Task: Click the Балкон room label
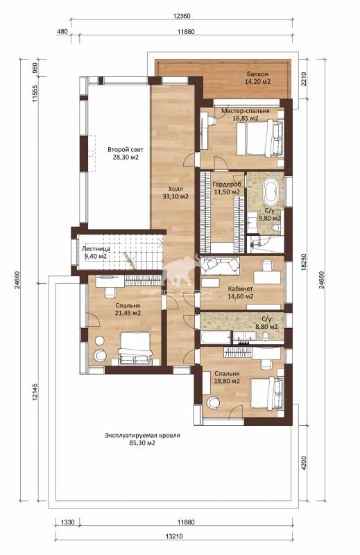coord(257,74)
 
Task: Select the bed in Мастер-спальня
coord(260,137)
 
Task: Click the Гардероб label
coord(227,185)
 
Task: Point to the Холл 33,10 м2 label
coord(175,193)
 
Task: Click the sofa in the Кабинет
coord(220,266)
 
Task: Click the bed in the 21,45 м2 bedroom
coord(135,348)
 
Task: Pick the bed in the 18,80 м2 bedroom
coord(267,393)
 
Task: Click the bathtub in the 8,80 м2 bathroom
coord(215,337)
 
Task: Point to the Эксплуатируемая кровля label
coord(142,436)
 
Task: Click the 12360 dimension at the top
coord(182,16)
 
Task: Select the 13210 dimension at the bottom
coord(174,536)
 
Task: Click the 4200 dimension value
coord(304,463)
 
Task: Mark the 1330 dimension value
coord(67,522)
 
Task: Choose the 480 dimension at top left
coord(62,32)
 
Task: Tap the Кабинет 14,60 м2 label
coord(241,293)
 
